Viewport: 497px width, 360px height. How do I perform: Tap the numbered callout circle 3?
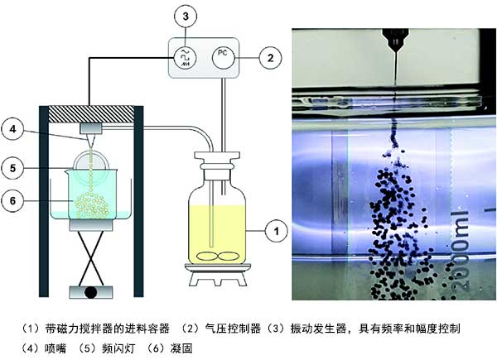coord(186,16)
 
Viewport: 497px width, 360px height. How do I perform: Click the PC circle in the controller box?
coord(221,55)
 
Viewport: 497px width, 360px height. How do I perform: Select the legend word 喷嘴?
coord(48,348)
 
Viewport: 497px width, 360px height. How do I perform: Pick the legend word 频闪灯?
coord(106,348)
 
